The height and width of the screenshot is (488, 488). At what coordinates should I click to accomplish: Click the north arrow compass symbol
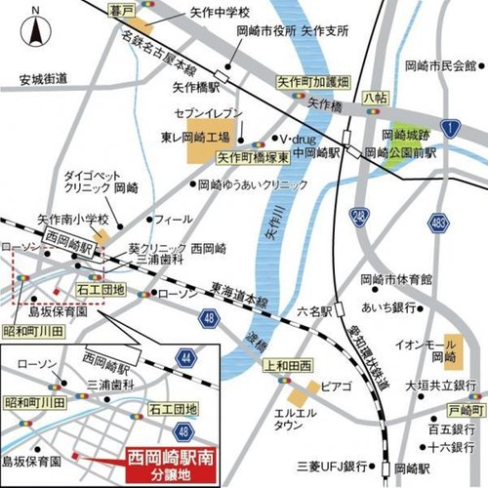(36, 28)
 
